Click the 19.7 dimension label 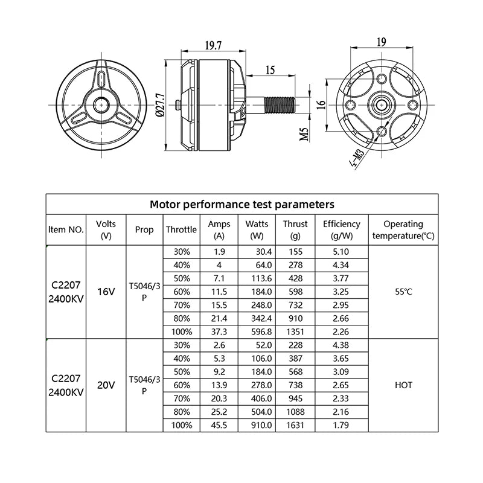[x=214, y=45]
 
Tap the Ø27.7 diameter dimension [x=161, y=104]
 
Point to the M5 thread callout [x=304, y=134]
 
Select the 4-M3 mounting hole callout [x=357, y=159]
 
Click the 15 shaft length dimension [x=270, y=70]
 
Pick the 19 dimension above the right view [x=382, y=42]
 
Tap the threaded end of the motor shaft [x=280, y=104]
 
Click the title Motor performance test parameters [x=242, y=204]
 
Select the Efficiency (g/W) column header [x=342, y=230]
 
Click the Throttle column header [x=181, y=230]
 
